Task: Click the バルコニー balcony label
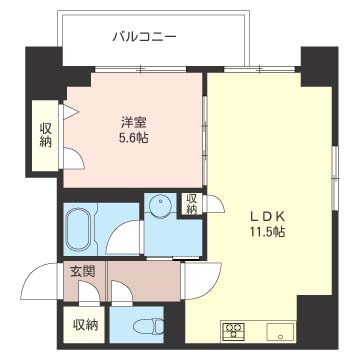(x=144, y=37)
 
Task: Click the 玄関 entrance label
(x=82, y=271)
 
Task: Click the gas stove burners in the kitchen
(x=234, y=330)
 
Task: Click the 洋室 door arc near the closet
(x=76, y=158)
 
